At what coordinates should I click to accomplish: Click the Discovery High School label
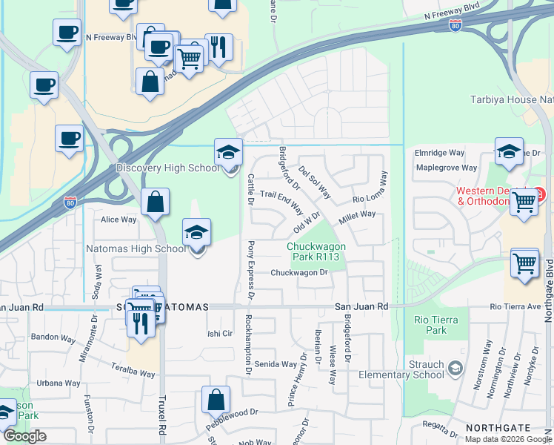(167, 168)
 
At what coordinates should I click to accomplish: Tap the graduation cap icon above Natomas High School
(197, 232)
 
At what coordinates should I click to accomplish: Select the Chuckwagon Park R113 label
(318, 252)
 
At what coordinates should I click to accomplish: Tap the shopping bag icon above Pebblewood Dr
(215, 400)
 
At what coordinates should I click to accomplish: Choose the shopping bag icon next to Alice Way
(155, 202)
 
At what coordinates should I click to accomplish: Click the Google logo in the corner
(24, 436)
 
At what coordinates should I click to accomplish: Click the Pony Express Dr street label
(251, 269)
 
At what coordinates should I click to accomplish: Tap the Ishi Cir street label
(220, 334)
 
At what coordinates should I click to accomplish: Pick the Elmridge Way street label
(439, 153)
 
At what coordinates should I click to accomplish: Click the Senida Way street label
(276, 364)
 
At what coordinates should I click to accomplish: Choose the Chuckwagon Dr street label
(299, 272)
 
